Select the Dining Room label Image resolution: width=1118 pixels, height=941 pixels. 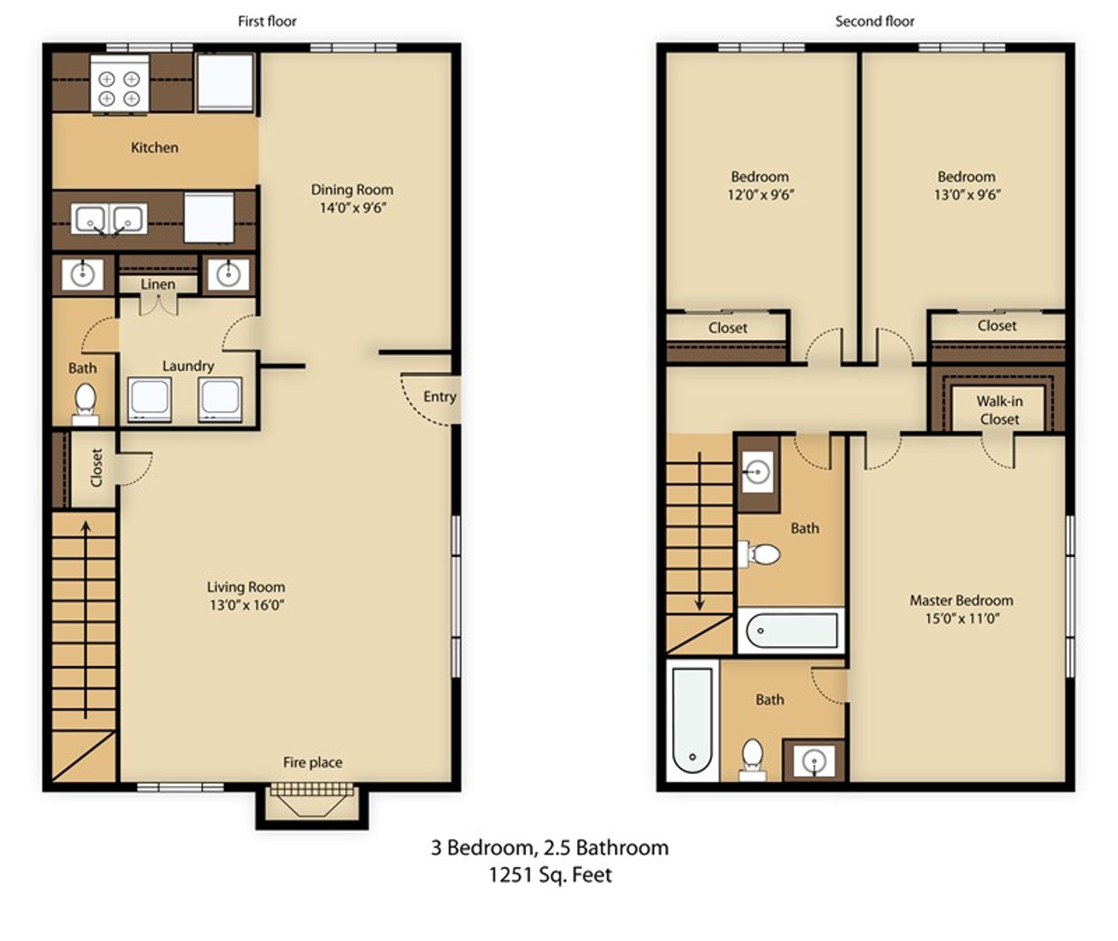(x=352, y=190)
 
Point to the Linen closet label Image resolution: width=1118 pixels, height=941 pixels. (x=158, y=284)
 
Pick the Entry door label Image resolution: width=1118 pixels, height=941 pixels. (x=439, y=397)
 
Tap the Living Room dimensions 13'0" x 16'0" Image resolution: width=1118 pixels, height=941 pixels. (x=247, y=605)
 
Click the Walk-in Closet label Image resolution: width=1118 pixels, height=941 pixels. (x=999, y=410)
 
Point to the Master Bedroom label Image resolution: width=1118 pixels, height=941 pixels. (x=961, y=601)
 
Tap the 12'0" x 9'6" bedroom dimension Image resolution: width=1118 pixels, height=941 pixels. (x=760, y=195)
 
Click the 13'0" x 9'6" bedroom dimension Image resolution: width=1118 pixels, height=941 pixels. (x=967, y=195)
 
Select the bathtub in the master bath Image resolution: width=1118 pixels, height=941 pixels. (x=692, y=720)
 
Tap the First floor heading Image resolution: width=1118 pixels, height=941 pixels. (x=267, y=22)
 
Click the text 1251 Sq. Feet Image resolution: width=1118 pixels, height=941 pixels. (x=550, y=875)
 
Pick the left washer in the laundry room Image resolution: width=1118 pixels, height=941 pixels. (x=150, y=399)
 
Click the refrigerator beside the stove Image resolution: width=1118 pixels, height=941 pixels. (x=225, y=82)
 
